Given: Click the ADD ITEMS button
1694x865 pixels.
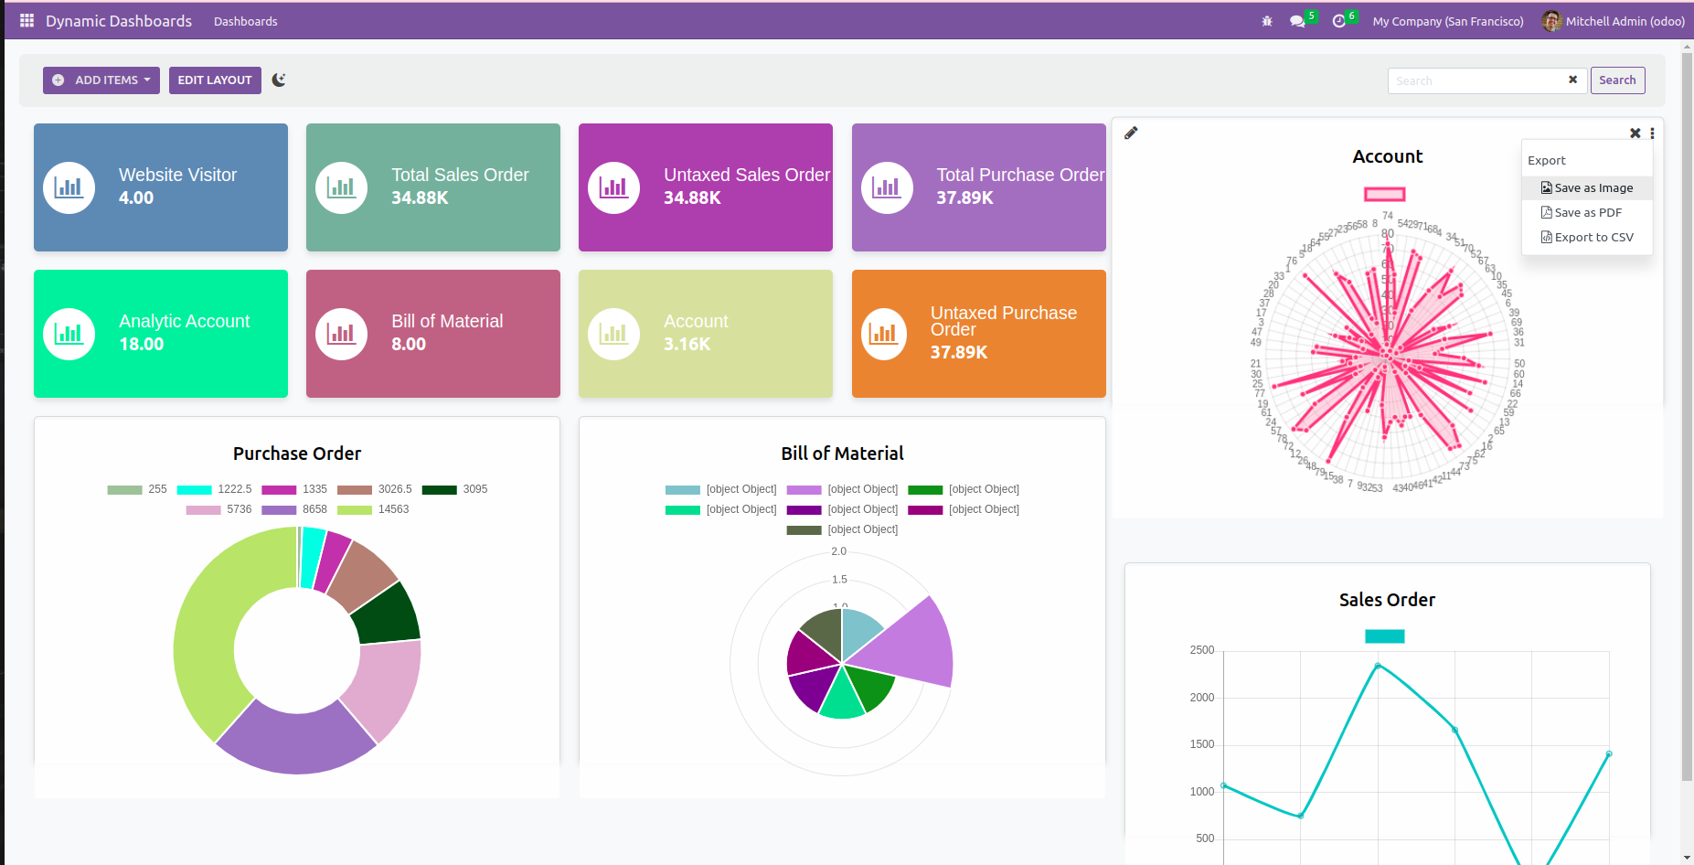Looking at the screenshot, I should (101, 80).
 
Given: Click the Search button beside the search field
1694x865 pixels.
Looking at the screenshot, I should (1617, 80).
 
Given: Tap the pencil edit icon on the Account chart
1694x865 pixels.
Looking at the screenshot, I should (1131, 133).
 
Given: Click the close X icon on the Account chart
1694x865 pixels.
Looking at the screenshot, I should (1635, 133).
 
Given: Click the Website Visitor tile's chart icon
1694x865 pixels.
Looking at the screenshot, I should (69, 187).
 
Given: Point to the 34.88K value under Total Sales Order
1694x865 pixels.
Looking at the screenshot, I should (420, 198).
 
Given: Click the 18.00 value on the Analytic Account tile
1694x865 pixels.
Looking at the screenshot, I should (142, 345).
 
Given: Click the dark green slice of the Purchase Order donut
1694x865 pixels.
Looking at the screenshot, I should (387, 614).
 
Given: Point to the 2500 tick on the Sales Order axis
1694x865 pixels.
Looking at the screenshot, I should (1202, 651).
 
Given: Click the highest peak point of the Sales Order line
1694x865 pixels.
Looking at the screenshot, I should (1378, 666).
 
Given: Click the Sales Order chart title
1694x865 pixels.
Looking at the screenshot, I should (1387, 600).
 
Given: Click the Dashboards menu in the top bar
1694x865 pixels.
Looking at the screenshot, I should (245, 21).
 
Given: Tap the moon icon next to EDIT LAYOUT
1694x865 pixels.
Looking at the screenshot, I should (279, 80).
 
